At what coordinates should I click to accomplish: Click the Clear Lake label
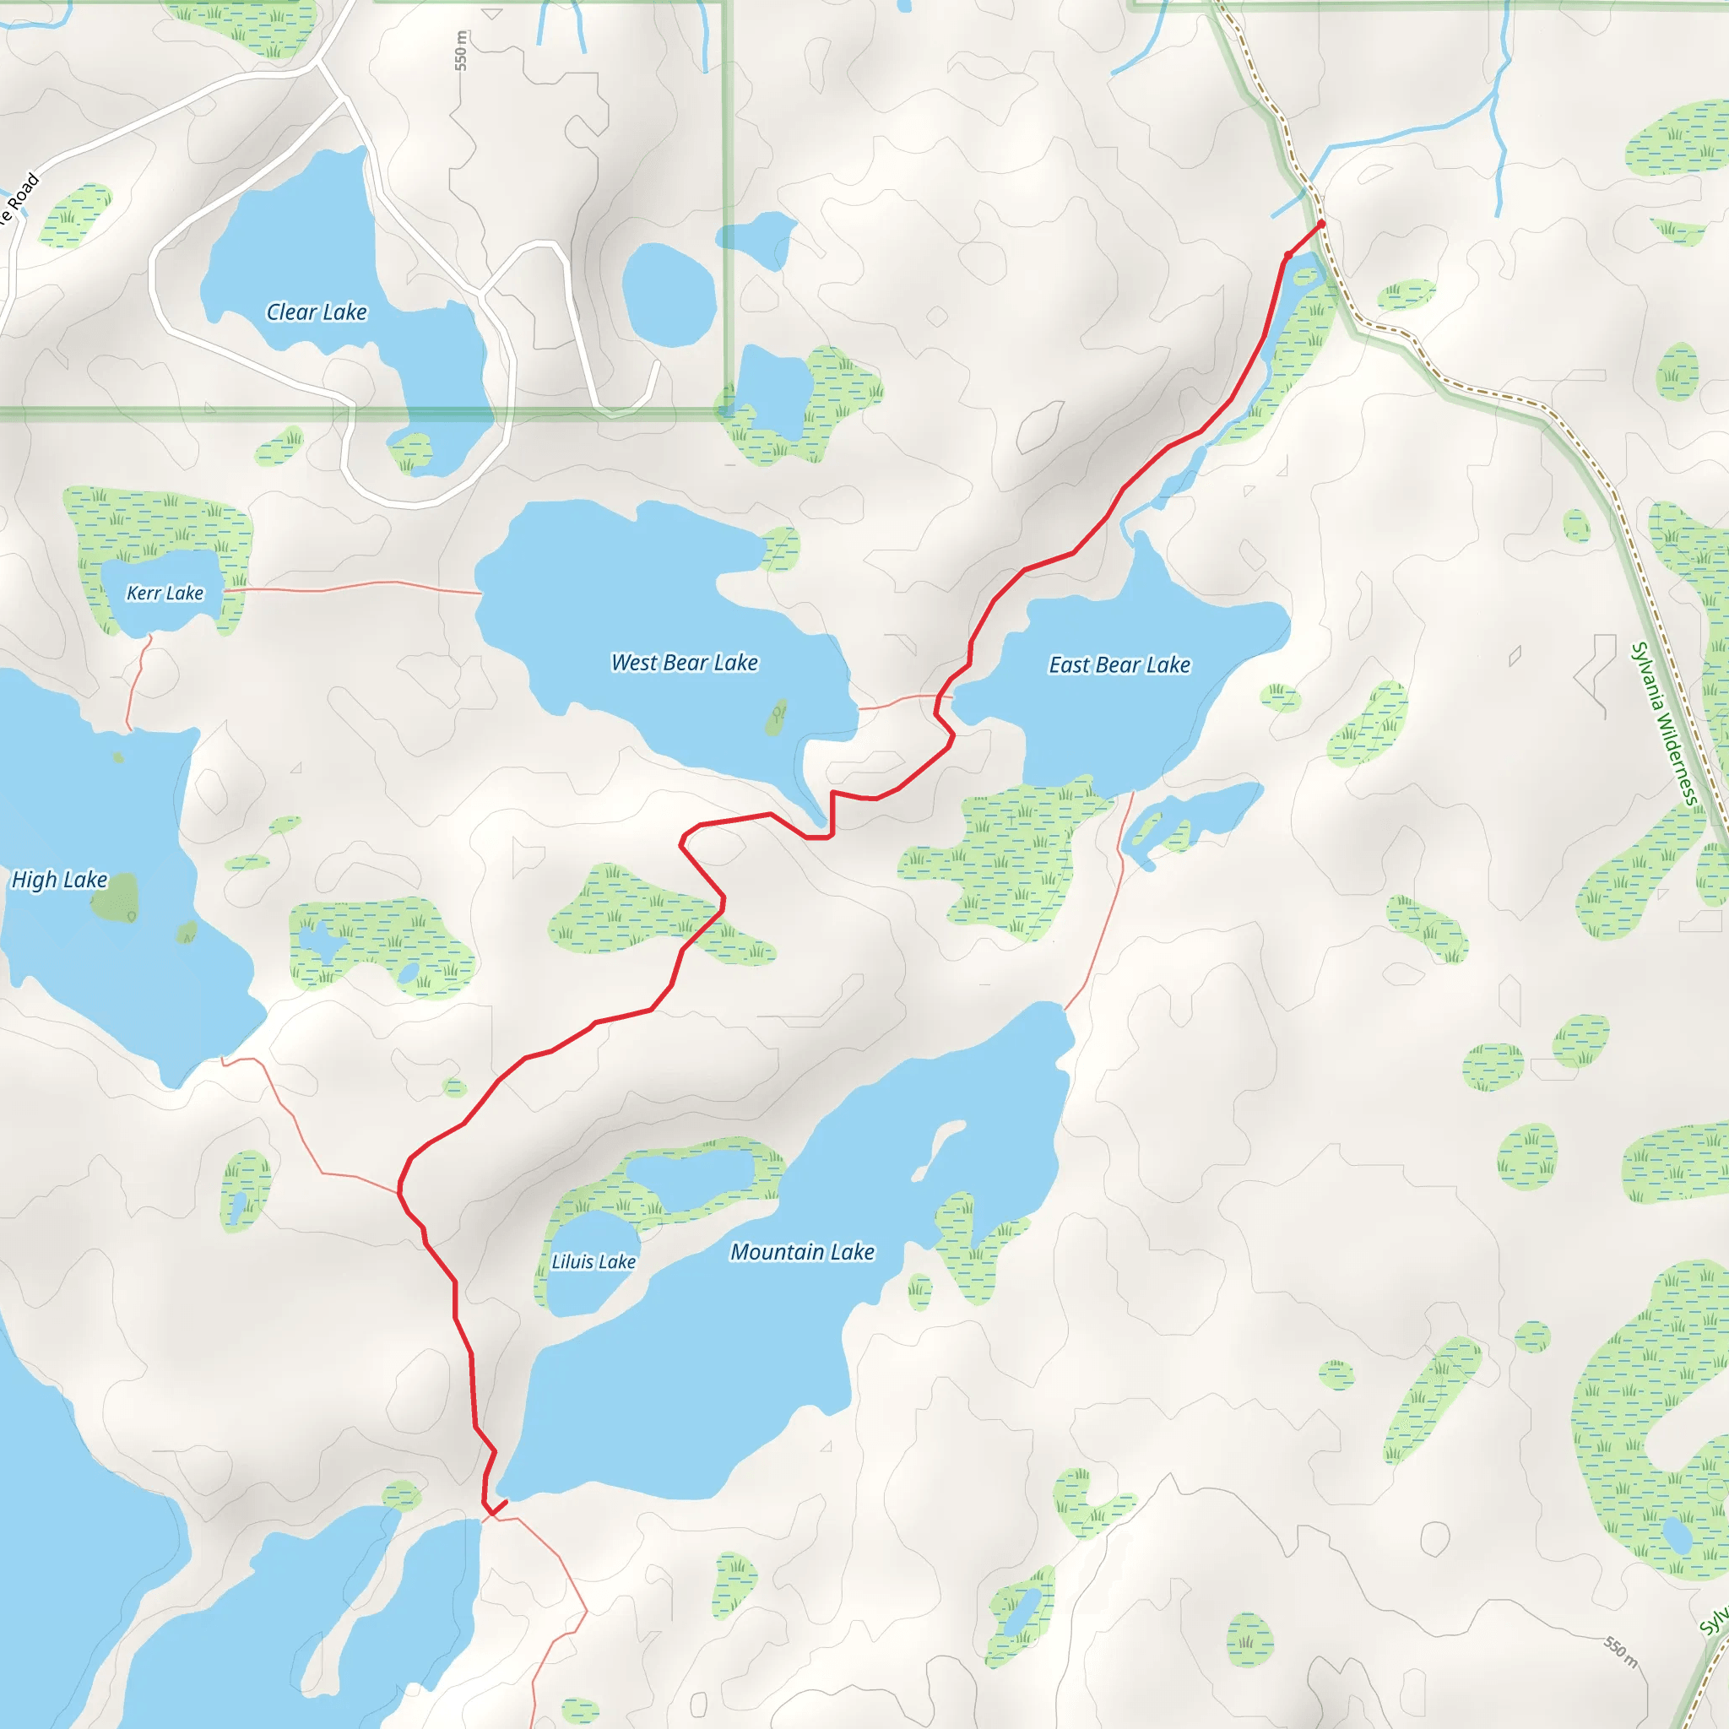(317, 312)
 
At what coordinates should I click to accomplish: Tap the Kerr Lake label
(165, 593)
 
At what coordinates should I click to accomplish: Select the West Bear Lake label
(685, 662)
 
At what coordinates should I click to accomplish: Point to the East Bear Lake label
(1119, 665)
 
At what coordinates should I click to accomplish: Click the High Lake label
(59, 880)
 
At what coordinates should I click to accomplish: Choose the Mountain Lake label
(802, 1252)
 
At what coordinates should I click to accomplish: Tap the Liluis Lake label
(593, 1262)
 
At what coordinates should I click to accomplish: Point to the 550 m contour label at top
(460, 50)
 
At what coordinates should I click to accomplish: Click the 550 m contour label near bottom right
(1621, 1653)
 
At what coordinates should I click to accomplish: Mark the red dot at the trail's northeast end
(1321, 224)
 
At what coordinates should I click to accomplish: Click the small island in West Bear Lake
(777, 717)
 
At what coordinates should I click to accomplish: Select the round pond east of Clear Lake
(669, 295)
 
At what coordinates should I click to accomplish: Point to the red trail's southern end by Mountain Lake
(506, 1503)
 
